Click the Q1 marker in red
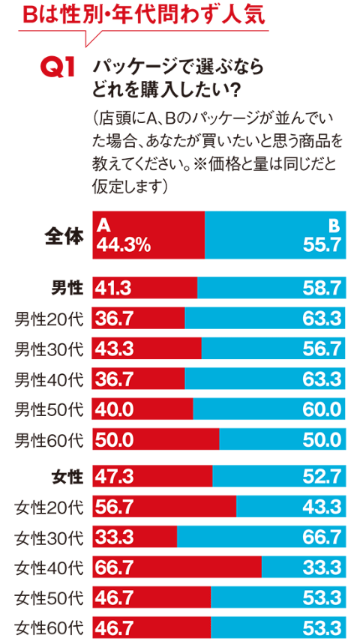point(56,69)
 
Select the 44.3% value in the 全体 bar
point(124,244)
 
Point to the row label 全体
point(63,235)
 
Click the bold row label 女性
point(67,476)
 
